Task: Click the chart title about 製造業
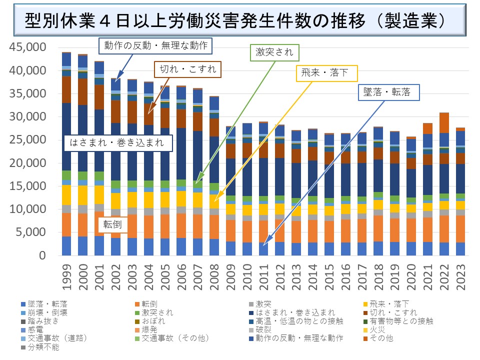coord(235,21)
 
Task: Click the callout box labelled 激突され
coord(274,52)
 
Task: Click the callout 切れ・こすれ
coord(187,69)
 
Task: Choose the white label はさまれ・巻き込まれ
coord(119,142)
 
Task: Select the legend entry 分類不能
coord(45,347)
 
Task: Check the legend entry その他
coord(382,338)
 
